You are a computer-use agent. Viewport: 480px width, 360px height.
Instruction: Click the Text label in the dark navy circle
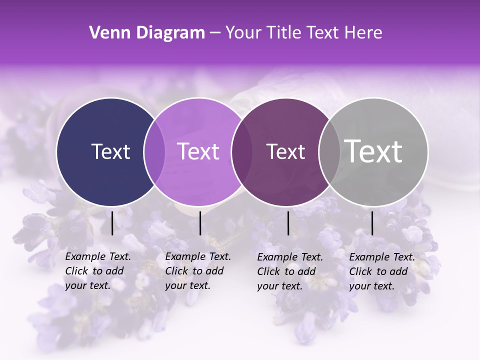(x=110, y=151)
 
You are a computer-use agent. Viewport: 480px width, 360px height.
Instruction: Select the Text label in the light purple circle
(x=198, y=151)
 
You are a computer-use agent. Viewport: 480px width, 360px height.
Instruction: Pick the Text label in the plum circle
(x=285, y=151)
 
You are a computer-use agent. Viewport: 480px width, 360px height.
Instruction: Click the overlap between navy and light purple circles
(x=154, y=151)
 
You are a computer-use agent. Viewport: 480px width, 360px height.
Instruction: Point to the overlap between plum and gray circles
(x=329, y=151)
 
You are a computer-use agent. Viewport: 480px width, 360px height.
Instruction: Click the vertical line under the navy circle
(x=112, y=223)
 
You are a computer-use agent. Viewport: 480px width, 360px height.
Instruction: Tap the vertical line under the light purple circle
(x=200, y=223)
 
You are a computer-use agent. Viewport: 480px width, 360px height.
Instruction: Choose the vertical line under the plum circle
(x=288, y=223)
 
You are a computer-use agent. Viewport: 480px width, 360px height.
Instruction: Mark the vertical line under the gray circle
(x=372, y=223)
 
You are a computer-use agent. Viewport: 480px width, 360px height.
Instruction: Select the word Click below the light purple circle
(x=177, y=271)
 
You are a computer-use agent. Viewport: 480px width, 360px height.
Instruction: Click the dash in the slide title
(x=215, y=33)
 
